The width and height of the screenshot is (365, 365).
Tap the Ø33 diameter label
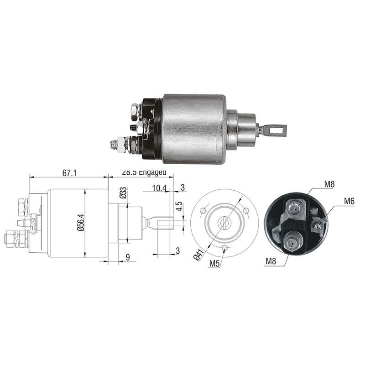click(x=123, y=193)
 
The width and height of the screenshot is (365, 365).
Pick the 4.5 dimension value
click(x=179, y=206)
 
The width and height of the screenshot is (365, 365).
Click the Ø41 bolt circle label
click(x=199, y=254)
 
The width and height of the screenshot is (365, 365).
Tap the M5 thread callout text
click(x=215, y=263)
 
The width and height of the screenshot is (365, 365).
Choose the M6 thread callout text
click(x=349, y=200)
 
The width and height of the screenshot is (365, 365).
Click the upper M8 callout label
click(x=330, y=184)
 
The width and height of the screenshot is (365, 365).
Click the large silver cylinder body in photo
click(x=194, y=129)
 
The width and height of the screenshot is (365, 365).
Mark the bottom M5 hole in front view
click(x=225, y=248)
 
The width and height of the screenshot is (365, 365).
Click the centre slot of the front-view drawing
click(x=224, y=223)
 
